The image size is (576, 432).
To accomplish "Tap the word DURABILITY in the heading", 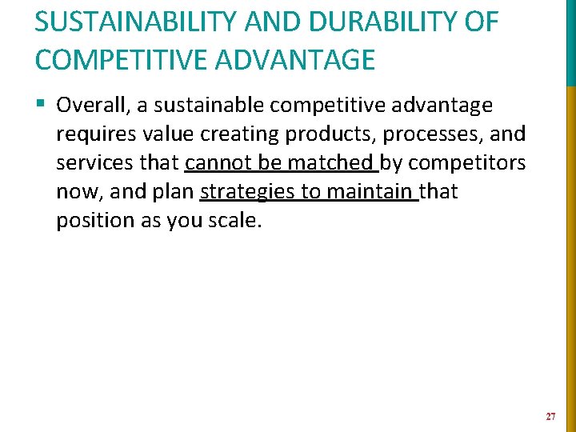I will click(375, 22).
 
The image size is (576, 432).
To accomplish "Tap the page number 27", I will click(550, 417).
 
